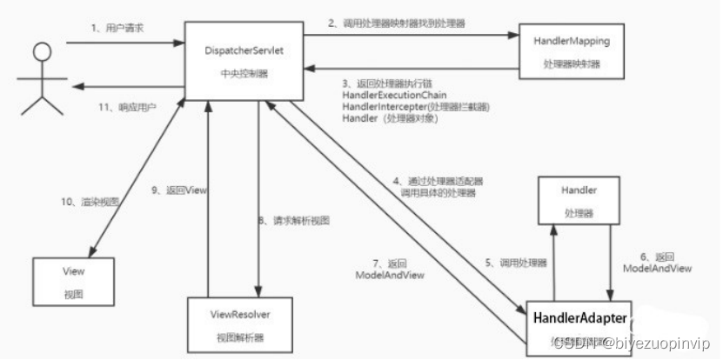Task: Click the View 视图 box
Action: click(x=73, y=281)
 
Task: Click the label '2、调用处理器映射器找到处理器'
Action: click(x=397, y=23)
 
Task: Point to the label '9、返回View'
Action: click(x=173, y=190)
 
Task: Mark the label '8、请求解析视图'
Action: click(x=294, y=221)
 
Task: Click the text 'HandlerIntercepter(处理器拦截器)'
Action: click(x=416, y=106)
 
